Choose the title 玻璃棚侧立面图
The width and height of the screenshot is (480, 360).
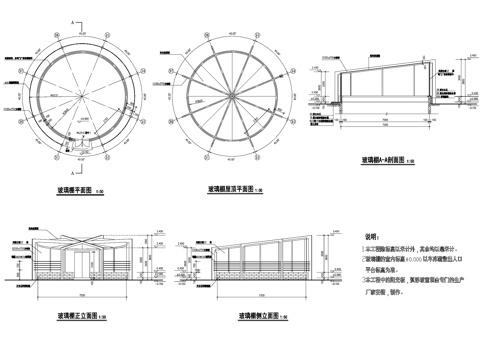click(x=249, y=316)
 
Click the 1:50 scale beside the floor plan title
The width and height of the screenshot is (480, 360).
click(x=100, y=189)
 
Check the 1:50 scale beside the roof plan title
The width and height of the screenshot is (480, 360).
click(x=258, y=189)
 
